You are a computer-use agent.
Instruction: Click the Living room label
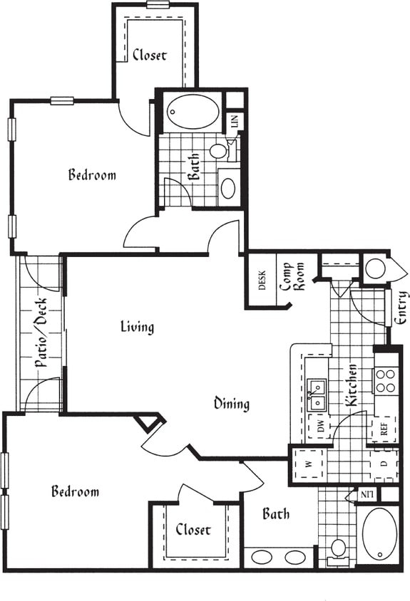pyautogui.click(x=137, y=327)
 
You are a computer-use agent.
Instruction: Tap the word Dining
pyautogui.click(x=232, y=404)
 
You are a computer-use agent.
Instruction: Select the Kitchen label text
pyautogui.click(x=352, y=385)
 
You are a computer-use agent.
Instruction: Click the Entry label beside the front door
pyautogui.click(x=401, y=307)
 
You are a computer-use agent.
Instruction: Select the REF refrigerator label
pyautogui.click(x=383, y=430)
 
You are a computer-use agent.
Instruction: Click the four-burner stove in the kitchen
pyautogui.click(x=385, y=381)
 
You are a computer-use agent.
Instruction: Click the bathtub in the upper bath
pyautogui.click(x=193, y=111)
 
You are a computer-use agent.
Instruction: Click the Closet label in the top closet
pyautogui.click(x=150, y=55)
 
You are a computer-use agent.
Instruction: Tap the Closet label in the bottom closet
pyautogui.click(x=193, y=530)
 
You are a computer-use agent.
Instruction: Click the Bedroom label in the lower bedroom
pyautogui.click(x=75, y=491)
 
